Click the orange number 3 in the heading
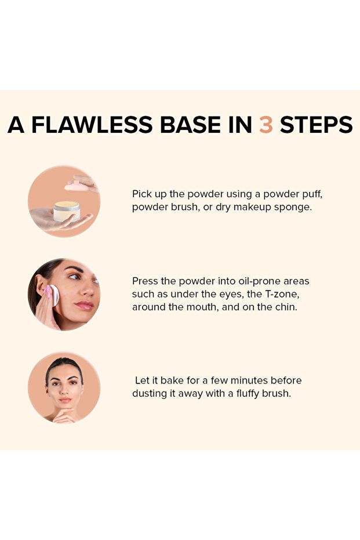coord(266,125)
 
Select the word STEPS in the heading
coord(316,125)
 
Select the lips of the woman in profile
coord(85,305)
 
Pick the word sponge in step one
coord(296,206)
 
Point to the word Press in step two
coord(145,281)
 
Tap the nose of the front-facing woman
coord(64,390)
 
